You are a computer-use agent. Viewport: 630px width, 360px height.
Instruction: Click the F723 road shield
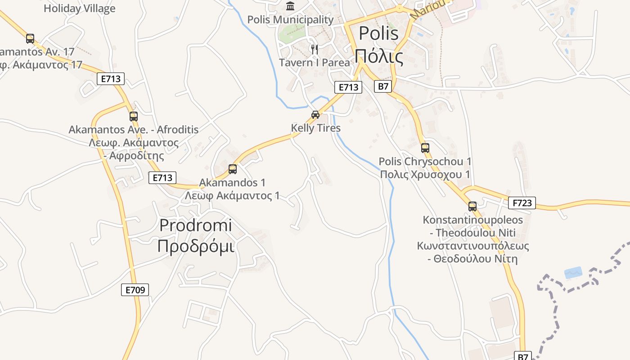tap(522, 203)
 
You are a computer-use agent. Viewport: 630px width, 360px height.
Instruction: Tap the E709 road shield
tap(135, 290)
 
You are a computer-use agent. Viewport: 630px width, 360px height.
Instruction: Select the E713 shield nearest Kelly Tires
tap(348, 87)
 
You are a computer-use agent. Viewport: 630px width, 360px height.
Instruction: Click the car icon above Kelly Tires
tap(315, 114)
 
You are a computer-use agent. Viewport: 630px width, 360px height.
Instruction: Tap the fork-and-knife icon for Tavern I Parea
tap(315, 49)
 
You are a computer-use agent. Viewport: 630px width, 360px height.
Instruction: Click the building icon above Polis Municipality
tap(290, 6)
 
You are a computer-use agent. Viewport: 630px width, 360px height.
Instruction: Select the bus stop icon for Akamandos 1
tap(233, 169)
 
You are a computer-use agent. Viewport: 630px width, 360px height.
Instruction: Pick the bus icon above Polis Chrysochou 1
tap(425, 148)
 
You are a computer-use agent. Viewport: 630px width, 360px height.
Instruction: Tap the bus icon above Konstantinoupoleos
tap(472, 207)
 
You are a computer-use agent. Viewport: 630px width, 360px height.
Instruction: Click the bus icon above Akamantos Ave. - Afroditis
tap(134, 117)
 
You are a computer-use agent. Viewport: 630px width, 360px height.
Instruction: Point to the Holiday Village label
tap(80, 9)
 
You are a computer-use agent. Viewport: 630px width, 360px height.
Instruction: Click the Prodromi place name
tap(196, 225)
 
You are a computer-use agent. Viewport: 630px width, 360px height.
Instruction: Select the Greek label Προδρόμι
tap(196, 246)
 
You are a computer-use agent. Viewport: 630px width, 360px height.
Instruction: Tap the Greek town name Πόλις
tap(378, 56)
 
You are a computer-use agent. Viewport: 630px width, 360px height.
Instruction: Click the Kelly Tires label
tap(316, 128)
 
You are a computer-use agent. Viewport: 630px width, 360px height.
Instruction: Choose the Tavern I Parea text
tap(315, 63)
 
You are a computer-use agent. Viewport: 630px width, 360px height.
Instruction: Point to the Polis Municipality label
tap(291, 20)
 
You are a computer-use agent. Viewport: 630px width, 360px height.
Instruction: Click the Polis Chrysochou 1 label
tap(425, 162)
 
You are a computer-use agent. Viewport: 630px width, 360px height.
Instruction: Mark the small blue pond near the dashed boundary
tap(573, 272)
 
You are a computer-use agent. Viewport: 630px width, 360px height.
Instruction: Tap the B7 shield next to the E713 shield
tap(383, 86)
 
